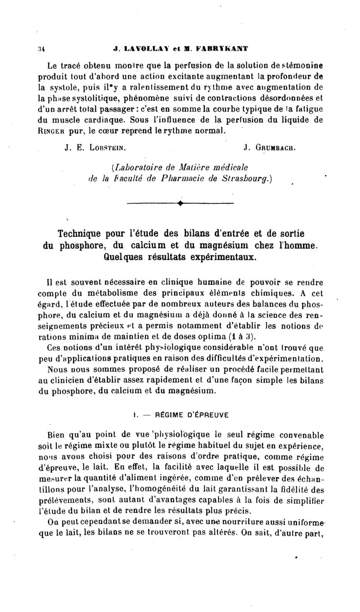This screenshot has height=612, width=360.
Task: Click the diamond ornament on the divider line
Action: tap(180, 204)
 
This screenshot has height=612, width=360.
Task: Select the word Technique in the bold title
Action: tap(83, 234)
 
